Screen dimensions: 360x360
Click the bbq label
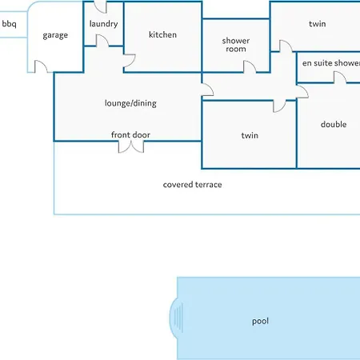(x=9, y=24)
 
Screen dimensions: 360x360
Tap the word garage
(x=55, y=35)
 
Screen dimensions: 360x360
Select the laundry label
(x=103, y=24)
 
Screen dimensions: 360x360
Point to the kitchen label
(x=162, y=34)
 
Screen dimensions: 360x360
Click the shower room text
(x=236, y=45)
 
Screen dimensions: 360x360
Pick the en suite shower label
(x=331, y=63)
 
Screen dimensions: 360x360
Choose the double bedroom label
(x=334, y=124)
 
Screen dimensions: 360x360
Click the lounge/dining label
(x=130, y=103)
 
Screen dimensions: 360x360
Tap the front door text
(x=130, y=134)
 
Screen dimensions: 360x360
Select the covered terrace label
(x=192, y=185)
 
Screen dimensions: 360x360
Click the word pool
(x=260, y=321)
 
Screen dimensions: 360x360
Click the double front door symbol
(x=131, y=147)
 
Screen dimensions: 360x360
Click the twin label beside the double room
(x=250, y=135)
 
